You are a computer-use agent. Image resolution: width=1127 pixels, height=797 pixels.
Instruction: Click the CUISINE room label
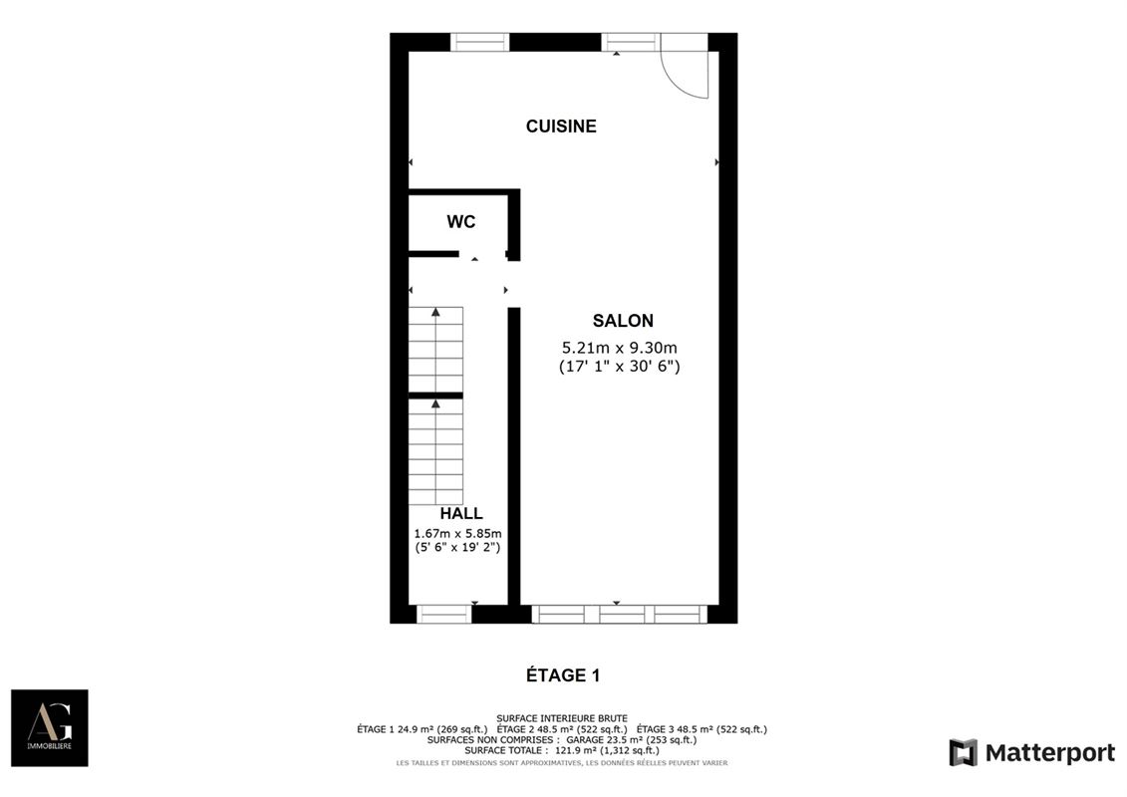pyautogui.click(x=561, y=127)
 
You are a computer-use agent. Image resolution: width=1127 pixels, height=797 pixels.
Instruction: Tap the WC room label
pyautogui.click(x=460, y=222)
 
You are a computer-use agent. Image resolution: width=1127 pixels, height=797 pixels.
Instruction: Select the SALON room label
pyautogui.click(x=623, y=321)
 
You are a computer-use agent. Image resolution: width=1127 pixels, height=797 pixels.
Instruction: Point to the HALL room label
pyautogui.click(x=461, y=514)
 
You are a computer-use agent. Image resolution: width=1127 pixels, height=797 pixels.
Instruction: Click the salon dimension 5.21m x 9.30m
pyautogui.click(x=619, y=348)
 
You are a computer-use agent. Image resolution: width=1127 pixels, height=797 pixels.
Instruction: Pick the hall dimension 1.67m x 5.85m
pyautogui.click(x=457, y=533)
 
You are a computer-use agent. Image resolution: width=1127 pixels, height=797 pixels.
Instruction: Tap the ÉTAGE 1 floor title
pyautogui.click(x=563, y=675)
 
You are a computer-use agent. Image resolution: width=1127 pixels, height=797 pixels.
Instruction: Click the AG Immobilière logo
pyautogui.click(x=49, y=727)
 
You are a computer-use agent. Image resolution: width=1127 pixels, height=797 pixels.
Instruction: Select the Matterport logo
pyautogui.click(x=1031, y=752)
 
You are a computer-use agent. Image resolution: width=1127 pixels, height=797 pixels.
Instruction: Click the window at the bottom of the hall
pyautogui.click(x=443, y=614)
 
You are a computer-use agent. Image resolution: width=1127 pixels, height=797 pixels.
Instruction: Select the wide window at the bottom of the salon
pyautogui.click(x=619, y=614)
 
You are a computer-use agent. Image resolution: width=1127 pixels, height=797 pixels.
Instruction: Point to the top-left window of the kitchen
pyautogui.click(x=479, y=42)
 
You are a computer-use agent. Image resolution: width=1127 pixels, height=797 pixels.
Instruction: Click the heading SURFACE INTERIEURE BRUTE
pyautogui.click(x=562, y=718)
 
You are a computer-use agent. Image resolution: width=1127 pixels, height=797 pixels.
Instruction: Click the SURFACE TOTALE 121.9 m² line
pyautogui.click(x=562, y=751)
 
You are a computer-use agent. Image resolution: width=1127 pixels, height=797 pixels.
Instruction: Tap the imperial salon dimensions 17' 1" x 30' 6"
pyautogui.click(x=619, y=366)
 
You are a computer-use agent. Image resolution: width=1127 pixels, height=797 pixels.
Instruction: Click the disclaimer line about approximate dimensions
pyautogui.click(x=562, y=763)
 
